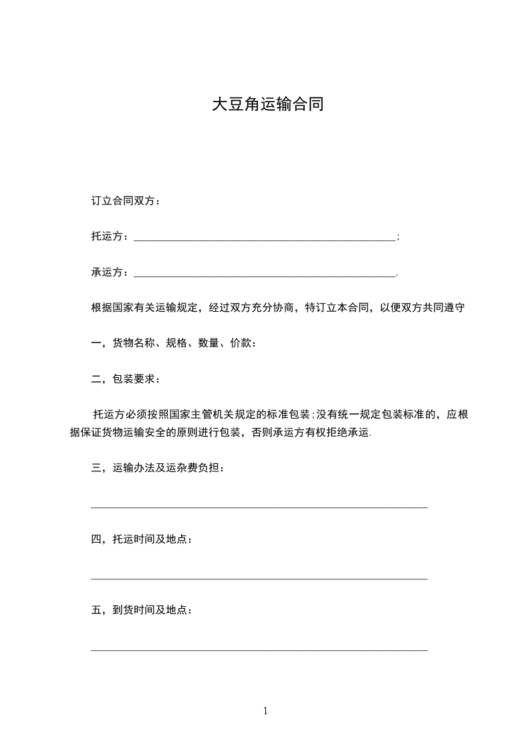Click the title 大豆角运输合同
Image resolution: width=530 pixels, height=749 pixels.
click(x=267, y=105)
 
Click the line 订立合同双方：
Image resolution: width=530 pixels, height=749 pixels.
click(x=126, y=201)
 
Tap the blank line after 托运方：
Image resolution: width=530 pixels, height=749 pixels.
click(x=265, y=238)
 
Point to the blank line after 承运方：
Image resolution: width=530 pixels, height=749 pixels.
click(x=265, y=274)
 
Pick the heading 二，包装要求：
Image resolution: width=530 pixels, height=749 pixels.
click(x=126, y=379)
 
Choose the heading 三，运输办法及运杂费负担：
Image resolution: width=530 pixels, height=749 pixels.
click(x=158, y=468)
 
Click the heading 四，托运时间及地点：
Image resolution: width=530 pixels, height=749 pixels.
click(x=142, y=539)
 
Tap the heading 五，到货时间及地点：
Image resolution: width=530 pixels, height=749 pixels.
click(x=142, y=610)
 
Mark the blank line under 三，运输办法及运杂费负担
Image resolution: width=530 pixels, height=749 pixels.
click(x=259, y=507)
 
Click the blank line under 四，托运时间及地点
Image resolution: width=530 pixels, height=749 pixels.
click(x=259, y=578)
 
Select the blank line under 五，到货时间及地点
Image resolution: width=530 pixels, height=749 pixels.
click(x=259, y=649)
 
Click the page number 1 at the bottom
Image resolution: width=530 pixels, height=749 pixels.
click(x=265, y=711)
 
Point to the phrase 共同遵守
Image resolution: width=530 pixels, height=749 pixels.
click(x=444, y=308)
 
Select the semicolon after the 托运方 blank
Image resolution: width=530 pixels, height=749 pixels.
click(x=398, y=237)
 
